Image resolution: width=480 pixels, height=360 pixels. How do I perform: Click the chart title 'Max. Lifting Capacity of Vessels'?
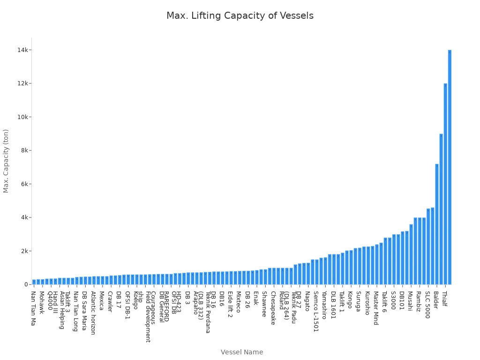240,16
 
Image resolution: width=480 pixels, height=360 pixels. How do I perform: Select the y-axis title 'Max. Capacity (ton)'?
6,161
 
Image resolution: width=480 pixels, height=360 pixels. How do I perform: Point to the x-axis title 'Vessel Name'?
242,352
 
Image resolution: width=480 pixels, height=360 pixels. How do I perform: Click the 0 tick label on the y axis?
27,285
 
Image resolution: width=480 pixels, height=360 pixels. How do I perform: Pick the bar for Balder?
437,225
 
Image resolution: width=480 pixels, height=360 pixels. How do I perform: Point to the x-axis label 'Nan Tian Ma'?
33,308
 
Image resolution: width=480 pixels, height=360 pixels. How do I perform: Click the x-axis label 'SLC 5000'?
427,305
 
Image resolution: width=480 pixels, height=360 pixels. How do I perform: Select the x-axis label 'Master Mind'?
376,308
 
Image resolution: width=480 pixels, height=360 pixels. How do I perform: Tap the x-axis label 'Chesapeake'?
273,308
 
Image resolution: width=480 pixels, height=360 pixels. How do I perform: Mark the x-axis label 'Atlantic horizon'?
93,313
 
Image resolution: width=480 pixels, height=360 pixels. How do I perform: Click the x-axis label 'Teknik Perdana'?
208,312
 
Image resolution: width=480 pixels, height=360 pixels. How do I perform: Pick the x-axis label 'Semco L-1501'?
316,311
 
